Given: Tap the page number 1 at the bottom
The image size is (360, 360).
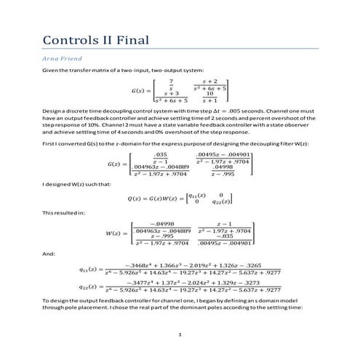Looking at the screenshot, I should pos(180,334).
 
